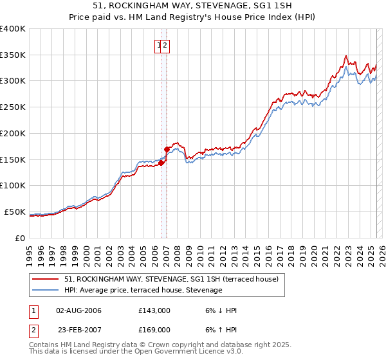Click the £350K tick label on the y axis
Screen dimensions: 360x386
(13, 55)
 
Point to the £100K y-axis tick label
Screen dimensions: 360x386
(13, 186)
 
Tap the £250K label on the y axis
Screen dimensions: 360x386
(13, 107)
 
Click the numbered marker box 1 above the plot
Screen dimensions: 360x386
(158, 45)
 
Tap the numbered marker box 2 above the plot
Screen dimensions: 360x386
(165, 45)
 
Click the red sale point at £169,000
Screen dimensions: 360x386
(167, 149)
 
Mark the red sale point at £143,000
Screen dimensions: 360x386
(161, 163)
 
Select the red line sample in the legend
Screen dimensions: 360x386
(46, 280)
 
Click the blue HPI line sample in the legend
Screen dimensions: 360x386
(46, 291)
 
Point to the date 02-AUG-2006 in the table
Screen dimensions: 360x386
(78, 310)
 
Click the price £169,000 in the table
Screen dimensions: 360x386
(154, 330)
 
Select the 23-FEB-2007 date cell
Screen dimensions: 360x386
(78, 330)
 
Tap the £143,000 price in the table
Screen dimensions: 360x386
(154, 310)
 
